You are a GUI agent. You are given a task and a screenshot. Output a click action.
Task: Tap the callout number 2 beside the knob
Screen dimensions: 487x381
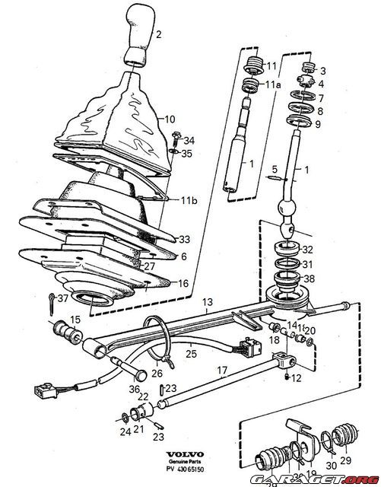tap(158, 34)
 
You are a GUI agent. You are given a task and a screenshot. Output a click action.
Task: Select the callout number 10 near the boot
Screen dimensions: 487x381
tap(170, 119)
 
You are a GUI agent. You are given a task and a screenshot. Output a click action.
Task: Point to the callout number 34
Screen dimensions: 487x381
tap(189, 141)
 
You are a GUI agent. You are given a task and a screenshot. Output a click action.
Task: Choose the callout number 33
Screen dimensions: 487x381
tap(184, 238)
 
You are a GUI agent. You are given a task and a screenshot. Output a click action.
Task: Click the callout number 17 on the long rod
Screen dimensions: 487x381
tap(222, 371)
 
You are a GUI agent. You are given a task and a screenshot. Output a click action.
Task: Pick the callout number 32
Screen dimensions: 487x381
tap(307, 249)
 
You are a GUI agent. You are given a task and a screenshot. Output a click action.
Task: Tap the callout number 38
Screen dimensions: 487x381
tap(307, 279)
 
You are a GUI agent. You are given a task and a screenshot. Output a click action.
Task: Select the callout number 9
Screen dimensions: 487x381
tap(319, 124)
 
